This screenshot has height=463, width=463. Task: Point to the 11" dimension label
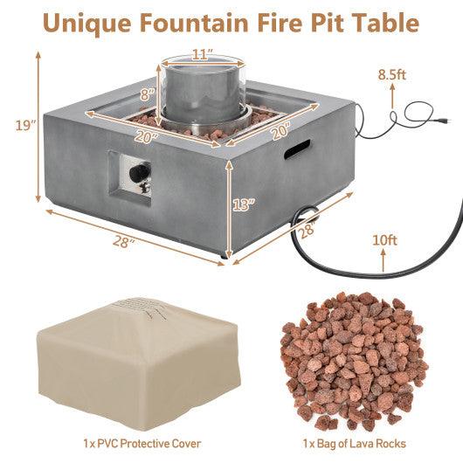(203, 54)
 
